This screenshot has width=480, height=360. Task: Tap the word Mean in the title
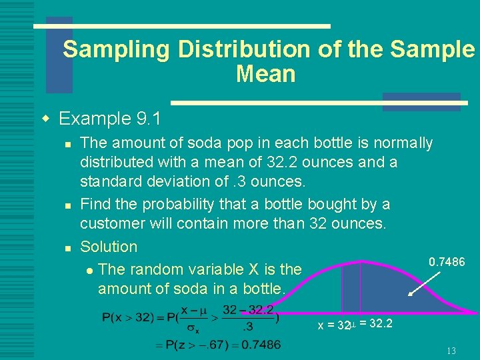click(x=265, y=74)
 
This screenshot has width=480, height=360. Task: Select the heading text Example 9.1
click(x=110, y=119)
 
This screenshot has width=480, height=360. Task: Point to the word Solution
click(x=109, y=247)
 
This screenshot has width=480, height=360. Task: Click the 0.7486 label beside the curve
click(x=447, y=262)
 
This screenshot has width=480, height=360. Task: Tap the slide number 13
click(x=451, y=351)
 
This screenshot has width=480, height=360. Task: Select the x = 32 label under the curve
click(x=334, y=325)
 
